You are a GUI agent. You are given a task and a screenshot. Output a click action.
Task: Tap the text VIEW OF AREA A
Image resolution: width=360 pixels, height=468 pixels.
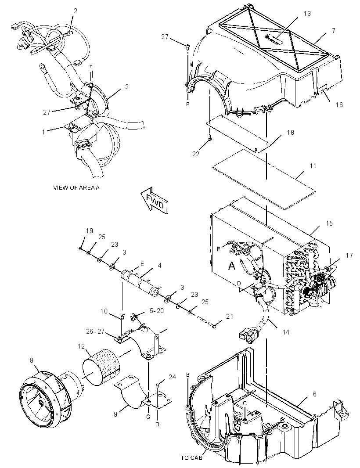click(x=76, y=188)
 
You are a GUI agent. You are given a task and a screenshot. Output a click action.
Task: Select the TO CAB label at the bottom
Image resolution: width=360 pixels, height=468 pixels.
click(x=191, y=457)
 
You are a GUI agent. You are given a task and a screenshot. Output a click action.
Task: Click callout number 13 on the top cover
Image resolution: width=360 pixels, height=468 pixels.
click(x=307, y=14)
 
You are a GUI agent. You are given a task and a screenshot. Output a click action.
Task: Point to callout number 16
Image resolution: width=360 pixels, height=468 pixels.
click(x=339, y=105)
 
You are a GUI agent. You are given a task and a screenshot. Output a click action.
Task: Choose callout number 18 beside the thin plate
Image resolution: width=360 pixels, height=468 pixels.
click(x=291, y=132)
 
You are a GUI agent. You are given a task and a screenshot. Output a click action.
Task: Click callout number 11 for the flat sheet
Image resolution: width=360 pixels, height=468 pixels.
click(x=313, y=166)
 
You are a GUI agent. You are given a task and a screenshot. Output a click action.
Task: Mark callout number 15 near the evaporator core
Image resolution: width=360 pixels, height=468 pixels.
click(x=329, y=223)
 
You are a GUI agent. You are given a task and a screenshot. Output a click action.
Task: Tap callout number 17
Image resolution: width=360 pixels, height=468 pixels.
click(x=349, y=256)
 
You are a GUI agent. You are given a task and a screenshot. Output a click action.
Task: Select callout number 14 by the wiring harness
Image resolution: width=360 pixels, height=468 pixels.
click(x=286, y=332)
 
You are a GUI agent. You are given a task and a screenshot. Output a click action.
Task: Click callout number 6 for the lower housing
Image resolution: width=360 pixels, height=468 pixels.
click(x=315, y=394)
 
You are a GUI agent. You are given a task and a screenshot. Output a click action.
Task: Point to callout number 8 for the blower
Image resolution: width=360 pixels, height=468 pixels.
click(x=31, y=360)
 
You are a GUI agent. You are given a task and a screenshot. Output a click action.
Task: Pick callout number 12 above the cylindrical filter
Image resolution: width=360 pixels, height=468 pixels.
click(x=82, y=346)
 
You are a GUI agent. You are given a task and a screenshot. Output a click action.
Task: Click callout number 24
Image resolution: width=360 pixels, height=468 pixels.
click(x=172, y=377)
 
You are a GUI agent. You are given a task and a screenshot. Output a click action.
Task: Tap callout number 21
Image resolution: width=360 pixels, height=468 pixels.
click(x=229, y=317)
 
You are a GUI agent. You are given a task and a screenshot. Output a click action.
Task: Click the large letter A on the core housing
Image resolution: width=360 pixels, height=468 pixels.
click(x=232, y=265)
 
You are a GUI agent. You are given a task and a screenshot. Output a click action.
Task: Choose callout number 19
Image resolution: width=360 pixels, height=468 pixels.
click(x=89, y=231)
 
